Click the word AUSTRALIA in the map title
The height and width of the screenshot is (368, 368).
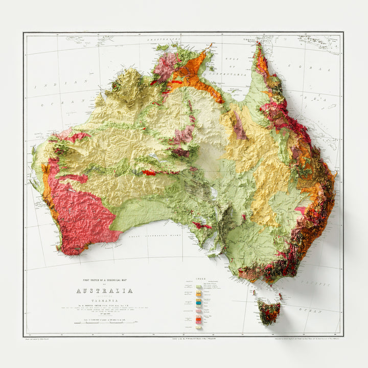click(104, 291)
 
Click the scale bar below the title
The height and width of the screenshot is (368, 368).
click(104, 320)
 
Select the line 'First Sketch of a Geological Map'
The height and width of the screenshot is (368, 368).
click(104, 281)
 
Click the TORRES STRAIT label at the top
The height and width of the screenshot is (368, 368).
click(254, 39)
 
